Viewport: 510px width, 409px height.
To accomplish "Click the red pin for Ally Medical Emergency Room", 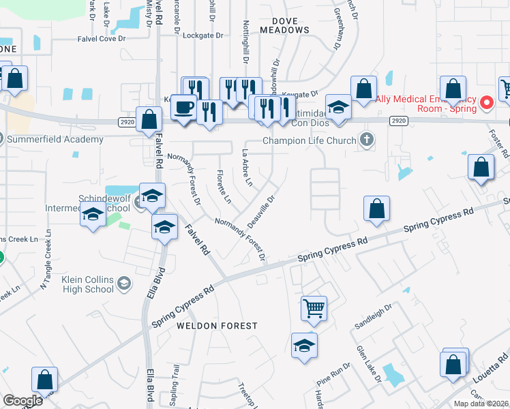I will click(487, 103).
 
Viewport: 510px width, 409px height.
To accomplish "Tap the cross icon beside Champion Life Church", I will click(367, 140).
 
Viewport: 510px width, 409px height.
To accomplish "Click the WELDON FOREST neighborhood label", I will click(217, 326).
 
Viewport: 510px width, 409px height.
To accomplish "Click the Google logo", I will click(22, 400).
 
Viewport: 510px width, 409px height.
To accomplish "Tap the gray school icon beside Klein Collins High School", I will click(124, 283).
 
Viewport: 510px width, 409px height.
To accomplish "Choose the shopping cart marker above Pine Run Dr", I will click(314, 308).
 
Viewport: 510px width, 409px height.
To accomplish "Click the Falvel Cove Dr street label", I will click(102, 39).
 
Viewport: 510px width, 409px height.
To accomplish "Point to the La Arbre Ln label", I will click(247, 168).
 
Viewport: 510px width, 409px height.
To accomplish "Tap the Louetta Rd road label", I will click(489, 372).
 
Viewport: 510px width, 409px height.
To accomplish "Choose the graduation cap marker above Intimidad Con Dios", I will click(337, 107).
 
